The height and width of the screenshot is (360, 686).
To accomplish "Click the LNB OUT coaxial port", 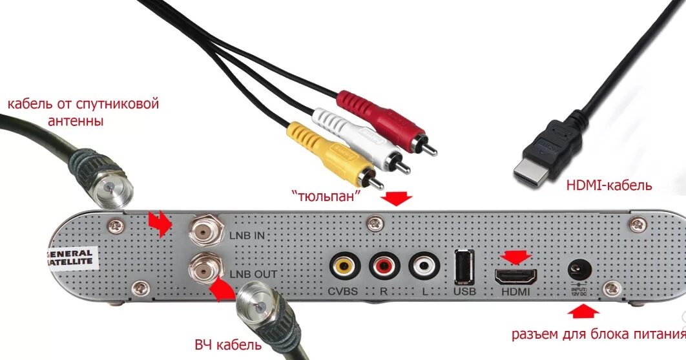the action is [205, 268].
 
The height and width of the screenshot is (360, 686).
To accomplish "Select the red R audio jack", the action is [384, 266].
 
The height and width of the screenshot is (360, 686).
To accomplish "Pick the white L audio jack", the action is [424, 266].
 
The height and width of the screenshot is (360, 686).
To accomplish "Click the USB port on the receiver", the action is [463, 266].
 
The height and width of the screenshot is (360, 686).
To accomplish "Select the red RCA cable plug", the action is [381, 117].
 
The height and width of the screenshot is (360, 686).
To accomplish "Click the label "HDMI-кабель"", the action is [608, 186].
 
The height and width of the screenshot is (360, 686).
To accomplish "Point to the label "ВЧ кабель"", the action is [228, 344].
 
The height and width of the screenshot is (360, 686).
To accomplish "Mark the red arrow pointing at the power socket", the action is [582, 312].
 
